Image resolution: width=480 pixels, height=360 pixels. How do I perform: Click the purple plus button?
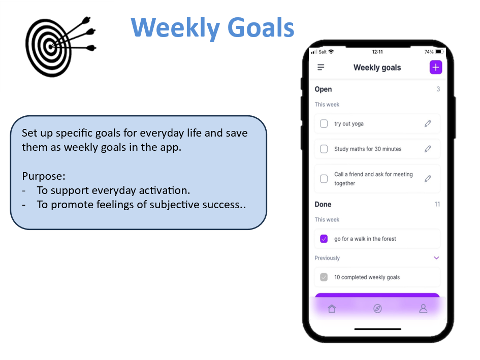pyautogui.click(x=436, y=68)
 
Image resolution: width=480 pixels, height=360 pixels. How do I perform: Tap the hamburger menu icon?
pyautogui.click(x=321, y=68)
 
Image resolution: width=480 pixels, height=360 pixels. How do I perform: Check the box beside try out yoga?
pyautogui.click(x=324, y=123)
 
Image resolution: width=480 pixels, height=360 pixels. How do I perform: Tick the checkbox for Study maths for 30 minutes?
pyautogui.click(x=324, y=149)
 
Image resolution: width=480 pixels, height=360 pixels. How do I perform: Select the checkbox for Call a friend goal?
pyautogui.click(x=324, y=179)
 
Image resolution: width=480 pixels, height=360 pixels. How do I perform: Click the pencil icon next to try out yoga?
pyautogui.click(x=428, y=123)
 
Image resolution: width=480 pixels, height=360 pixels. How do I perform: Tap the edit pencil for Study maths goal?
pyautogui.click(x=428, y=149)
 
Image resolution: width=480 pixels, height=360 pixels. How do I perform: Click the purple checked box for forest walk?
pyautogui.click(x=324, y=239)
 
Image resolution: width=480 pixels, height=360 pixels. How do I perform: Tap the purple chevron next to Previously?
pyautogui.click(x=436, y=258)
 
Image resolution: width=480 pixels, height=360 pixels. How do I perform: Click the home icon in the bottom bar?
pyautogui.click(x=332, y=309)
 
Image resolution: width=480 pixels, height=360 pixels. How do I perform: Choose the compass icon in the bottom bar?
pyautogui.click(x=377, y=309)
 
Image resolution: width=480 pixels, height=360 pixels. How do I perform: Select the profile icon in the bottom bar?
pyautogui.click(x=423, y=309)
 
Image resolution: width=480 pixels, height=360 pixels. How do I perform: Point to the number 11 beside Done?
pyautogui.click(x=437, y=204)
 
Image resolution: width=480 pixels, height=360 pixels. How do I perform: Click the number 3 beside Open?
pyautogui.click(x=438, y=89)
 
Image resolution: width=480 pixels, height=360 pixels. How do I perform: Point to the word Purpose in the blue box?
pyautogui.click(x=43, y=176)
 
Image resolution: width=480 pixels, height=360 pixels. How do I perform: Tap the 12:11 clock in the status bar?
pyautogui.click(x=377, y=52)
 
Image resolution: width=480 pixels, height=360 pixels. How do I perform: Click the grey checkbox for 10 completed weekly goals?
pyautogui.click(x=324, y=277)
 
